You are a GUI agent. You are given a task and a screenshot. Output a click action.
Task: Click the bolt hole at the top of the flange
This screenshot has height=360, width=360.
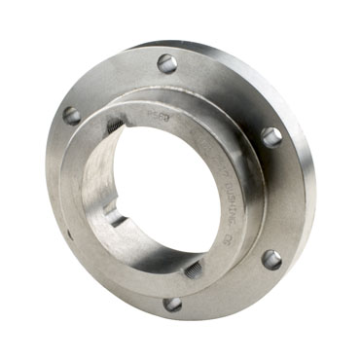[x=167, y=63]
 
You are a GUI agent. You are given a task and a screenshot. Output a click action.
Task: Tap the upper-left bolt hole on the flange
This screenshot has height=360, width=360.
[x=72, y=115]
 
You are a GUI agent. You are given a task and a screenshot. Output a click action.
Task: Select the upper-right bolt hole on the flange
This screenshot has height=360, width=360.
[x=270, y=136]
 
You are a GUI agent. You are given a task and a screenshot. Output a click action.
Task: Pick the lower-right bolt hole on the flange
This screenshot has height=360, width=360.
[x=271, y=260]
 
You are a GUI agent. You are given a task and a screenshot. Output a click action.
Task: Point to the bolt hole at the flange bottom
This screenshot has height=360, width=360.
[x=172, y=304]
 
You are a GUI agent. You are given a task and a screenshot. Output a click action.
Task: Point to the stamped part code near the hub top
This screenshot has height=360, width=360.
[x=157, y=113]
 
